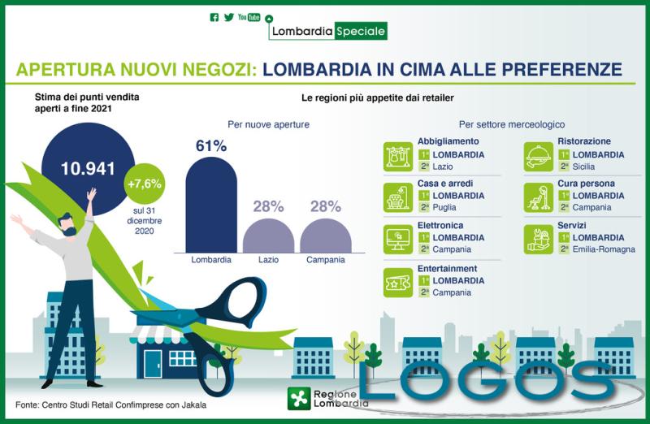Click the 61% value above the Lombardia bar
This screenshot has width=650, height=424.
coord(211,146)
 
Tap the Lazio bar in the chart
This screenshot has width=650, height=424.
coord(268,236)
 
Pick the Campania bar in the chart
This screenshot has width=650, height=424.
coord(325,236)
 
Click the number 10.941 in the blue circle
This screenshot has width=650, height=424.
coord(82,169)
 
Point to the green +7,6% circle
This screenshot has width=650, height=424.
coord(145,184)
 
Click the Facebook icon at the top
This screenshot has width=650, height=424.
coord(214,17)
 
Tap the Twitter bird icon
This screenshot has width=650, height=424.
coord(229,17)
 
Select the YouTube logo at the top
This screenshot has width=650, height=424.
coord(249,17)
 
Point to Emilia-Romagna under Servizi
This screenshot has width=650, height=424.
coord(604,249)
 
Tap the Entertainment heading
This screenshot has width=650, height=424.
coord(447,268)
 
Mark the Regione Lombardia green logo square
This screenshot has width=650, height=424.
coord(299,398)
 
